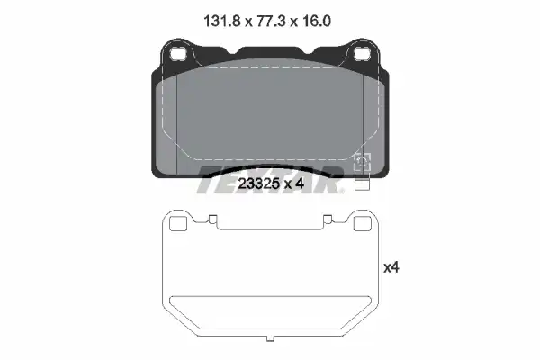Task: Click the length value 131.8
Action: (x=221, y=22)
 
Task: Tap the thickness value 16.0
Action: (x=317, y=22)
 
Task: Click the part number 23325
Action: (x=258, y=184)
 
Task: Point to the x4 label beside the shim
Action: (x=391, y=267)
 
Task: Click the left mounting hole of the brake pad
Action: (x=178, y=53)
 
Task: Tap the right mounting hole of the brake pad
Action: (x=362, y=53)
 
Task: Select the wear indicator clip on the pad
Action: (x=363, y=163)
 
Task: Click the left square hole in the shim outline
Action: (x=178, y=224)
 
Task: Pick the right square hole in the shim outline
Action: (x=363, y=224)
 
